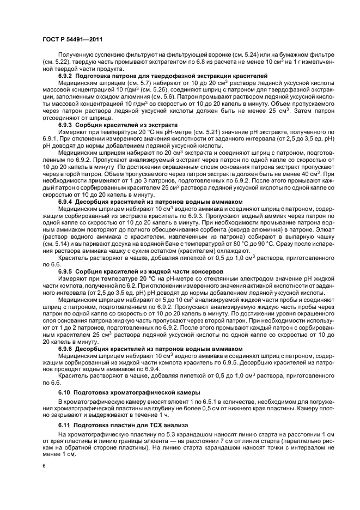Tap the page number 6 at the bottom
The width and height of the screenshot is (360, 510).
pos(43,466)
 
